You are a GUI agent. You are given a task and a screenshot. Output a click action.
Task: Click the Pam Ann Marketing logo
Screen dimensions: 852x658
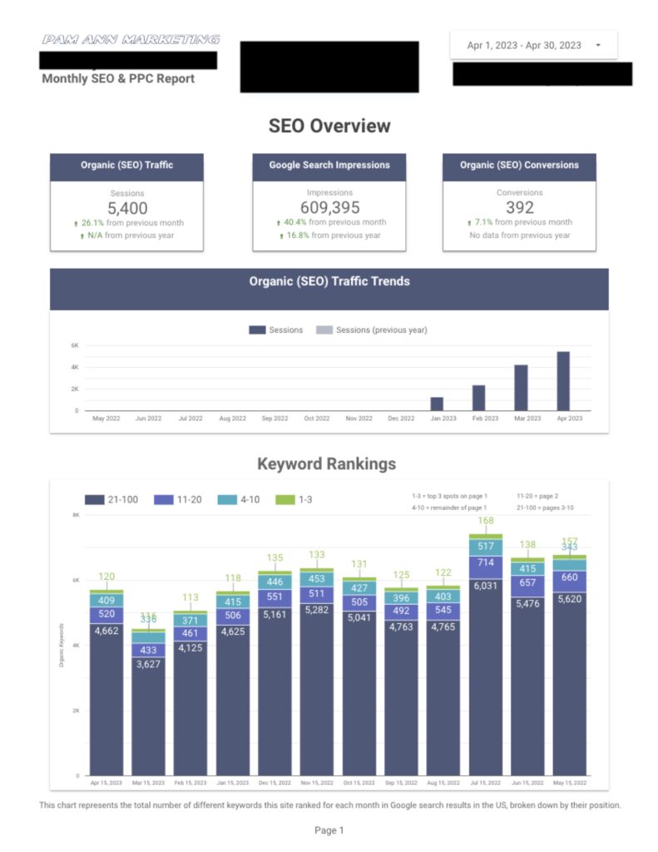tap(131, 39)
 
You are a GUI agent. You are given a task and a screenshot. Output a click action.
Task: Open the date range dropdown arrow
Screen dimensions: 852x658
tap(598, 46)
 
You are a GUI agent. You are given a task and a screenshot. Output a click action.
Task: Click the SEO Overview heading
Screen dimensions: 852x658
tap(329, 126)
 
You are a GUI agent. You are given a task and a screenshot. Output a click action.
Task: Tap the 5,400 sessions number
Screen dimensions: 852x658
tap(126, 208)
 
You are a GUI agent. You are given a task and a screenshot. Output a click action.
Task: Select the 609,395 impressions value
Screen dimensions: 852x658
tap(329, 208)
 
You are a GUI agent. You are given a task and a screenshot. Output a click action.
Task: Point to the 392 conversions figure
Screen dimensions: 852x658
tap(519, 208)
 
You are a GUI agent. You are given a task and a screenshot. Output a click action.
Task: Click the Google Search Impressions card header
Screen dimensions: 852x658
tap(329, 166)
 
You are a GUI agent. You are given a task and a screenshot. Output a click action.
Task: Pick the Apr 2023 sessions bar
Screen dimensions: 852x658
tap(563, 380)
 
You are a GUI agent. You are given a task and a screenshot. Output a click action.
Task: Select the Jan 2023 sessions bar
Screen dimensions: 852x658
tap(437, 403)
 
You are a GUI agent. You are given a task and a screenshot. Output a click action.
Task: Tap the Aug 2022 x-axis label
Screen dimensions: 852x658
tap(233, 419)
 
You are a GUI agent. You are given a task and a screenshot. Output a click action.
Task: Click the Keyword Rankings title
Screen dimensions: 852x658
tap(326, 464)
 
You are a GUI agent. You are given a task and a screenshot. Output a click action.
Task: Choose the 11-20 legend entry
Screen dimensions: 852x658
tap(190, 500)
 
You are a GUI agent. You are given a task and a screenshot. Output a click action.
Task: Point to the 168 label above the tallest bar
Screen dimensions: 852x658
tap(485, 522)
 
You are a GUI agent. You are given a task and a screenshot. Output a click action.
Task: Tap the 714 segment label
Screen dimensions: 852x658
tap(485, 563)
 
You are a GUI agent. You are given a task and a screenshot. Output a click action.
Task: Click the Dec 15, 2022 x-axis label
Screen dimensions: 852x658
tap(275, 784)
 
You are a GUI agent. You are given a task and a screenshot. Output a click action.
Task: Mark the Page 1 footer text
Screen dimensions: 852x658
tap(329, 830)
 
